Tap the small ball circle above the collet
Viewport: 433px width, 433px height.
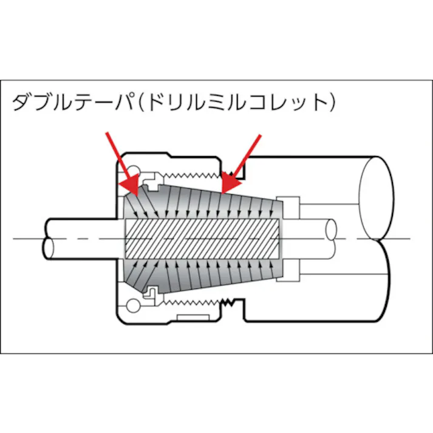click(134, 168)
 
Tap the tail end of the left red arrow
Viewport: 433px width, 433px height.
click(107, 132)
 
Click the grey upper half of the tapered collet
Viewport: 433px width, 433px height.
click(200, 200)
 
